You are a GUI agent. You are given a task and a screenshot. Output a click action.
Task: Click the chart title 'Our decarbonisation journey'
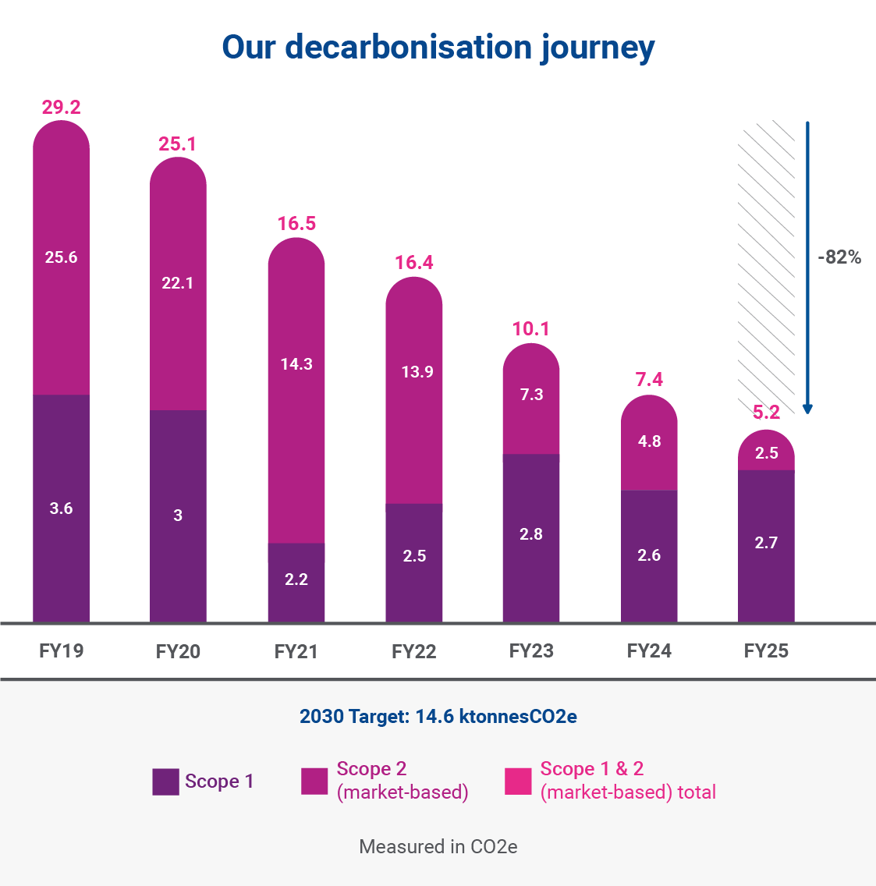click(438, 47)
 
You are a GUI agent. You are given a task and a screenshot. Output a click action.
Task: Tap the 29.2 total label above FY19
click(62, 107)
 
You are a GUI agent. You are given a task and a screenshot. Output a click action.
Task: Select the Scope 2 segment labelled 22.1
click(178, 283)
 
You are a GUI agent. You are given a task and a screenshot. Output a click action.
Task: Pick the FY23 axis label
click(531, 650)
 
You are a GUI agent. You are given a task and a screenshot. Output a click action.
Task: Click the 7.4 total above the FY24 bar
click(649, 380)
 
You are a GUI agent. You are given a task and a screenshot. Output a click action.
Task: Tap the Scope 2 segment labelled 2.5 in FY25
click(766, 453)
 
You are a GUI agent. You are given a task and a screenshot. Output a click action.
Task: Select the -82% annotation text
click(839, 257)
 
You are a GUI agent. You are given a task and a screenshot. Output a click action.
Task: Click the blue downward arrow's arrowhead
click(808, 408)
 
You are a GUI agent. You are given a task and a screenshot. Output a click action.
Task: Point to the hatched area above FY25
click(766, 265)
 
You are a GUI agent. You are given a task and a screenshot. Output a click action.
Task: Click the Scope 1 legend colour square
click(165, 781)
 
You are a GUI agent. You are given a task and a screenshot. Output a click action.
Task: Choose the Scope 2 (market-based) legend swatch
click(314, 781)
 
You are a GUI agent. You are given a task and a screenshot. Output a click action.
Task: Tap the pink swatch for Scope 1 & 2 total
click(518, 781)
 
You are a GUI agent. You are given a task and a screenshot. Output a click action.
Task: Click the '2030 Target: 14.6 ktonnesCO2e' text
click(438, 716)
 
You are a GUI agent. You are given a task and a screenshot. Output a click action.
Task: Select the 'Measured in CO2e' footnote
click(438, 846)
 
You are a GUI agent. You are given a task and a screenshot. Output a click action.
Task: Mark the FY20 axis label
click(178, 651)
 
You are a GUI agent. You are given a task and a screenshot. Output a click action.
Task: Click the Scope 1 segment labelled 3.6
click(62, 509)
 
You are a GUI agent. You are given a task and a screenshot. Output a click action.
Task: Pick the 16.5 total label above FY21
click(296, 224)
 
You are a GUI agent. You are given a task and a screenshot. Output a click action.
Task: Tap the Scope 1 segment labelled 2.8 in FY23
click(531, 535)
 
